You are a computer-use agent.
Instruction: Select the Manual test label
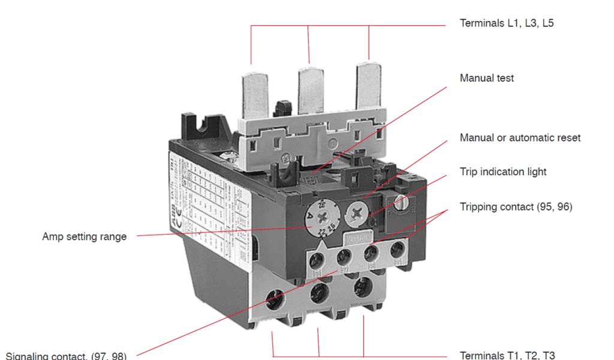coord(486,78)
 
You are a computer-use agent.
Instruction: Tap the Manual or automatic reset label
coord(520,137)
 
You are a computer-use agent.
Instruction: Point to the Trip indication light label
coord(503,172)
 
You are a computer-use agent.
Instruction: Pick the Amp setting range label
coord(84,236)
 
